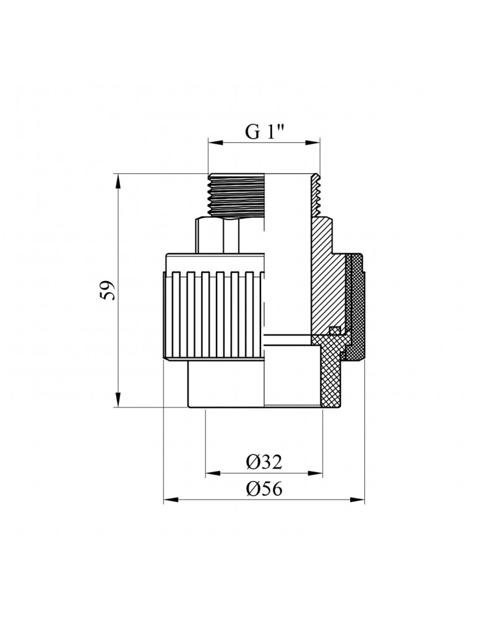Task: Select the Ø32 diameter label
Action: pyautogui.click(x=264, y=462)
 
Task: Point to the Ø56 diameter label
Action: pyautogui.click(x=264, y=488)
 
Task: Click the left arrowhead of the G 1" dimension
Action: pyautogui.click(x=211, y=144)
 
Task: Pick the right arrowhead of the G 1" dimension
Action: pyautogui.click(x=316, y=144)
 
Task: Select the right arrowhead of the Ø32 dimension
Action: pyautogui.click(x=318, y=474)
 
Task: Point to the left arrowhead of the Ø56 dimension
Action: pyautogui.click(x=168, y=499)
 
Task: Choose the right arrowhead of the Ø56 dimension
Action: pyautogui.click(x=360, y=499)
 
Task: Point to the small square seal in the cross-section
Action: pyautogui.click(x=335, y=329)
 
